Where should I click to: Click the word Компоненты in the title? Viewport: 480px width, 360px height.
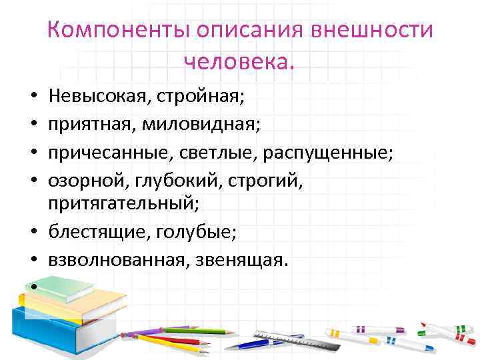point(119,31)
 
